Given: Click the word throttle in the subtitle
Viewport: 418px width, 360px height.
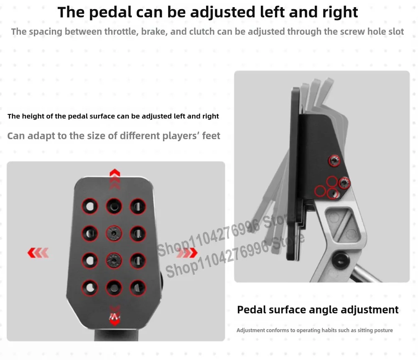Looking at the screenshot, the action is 120,32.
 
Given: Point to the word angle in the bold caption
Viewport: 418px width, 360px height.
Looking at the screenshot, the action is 324,310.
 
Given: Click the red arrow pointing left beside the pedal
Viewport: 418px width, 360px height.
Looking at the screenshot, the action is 38,252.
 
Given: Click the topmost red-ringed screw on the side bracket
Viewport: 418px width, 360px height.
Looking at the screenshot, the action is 335,160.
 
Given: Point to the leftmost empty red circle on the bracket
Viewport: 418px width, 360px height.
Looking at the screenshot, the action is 320,191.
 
